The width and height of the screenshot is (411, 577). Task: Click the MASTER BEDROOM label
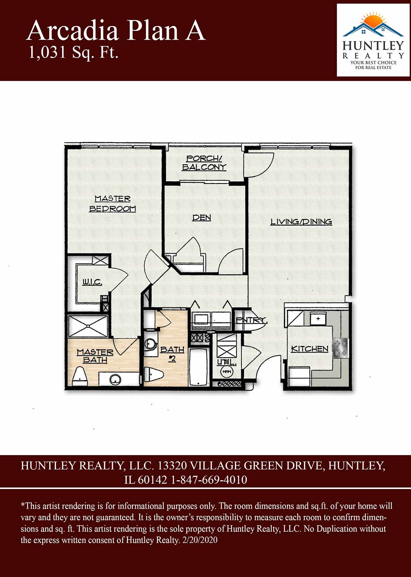(113, 204)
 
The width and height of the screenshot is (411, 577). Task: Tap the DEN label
(202, 218)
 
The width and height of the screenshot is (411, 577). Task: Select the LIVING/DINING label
(301, 222)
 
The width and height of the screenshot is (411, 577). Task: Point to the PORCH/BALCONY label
(204, 163)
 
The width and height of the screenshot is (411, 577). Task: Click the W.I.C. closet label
(92, 282)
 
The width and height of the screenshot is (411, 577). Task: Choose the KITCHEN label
(310, 349)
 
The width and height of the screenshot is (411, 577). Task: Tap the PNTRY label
(252, 320)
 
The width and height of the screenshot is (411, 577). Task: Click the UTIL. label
(227, 363)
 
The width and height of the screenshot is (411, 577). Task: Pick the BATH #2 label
(172, 354)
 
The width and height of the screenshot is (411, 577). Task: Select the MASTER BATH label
(95, 356)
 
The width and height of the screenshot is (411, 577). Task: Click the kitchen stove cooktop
(341, 348)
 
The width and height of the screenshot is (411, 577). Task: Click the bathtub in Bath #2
(199, 367)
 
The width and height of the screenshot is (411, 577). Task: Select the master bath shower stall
(88, 327)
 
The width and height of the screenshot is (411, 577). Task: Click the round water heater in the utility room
(227, 372)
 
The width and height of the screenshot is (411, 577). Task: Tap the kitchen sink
(318, 319)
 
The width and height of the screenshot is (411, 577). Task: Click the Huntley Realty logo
(373, 40)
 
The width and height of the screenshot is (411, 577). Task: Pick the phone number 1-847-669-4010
(209, 480)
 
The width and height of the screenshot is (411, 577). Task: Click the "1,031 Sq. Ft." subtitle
(73, 52)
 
